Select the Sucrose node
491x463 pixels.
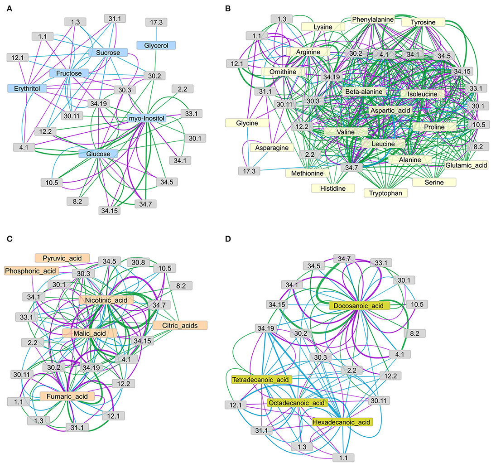[x=108, y=53]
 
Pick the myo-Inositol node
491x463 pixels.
[x=147, y=118]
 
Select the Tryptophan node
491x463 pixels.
[x=385, y=193]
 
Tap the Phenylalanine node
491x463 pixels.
[x=373, y=19]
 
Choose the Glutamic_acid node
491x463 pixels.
[x=466, y=165]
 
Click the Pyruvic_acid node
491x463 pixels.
[x=62, y=258]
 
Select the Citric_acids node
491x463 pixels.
[x=180, y=325]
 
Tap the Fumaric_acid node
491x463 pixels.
[x=67, y=396]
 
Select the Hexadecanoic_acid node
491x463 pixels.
[x=342, y=422]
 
